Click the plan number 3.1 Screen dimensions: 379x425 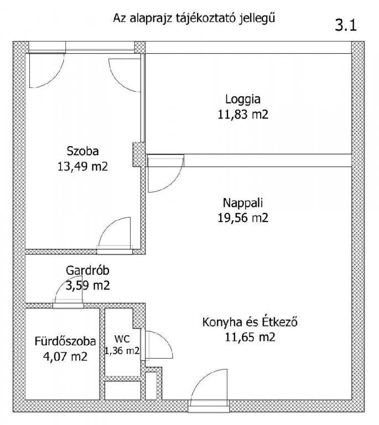pyautogui.click(x=346, y=25)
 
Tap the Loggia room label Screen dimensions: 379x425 pyautogui.click(x=243, y=99)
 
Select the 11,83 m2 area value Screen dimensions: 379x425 pyautogui.click(x=243, y=115)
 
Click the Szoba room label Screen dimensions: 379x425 pyautogui.click(x=82, y=151)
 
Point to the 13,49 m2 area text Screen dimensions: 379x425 pyautogui.click(x=82, y=166)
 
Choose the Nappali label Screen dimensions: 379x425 pyautogui.click(x=243, y=203)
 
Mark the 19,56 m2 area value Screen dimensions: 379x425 pyautogui.click(x=243, y=217)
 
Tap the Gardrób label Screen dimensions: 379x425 pyautogui.click(x=87, y=270)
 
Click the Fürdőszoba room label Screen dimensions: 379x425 pyautogui.click(x=65, y=341)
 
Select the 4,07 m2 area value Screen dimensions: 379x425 pyautogui.click(x=65, y=356)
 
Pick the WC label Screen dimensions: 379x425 pyautogui.click(x=122, y=339)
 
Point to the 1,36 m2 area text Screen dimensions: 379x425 pyautogui.click(x=122, y=351)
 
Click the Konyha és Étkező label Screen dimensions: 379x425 pyautogui.click(x=250, y=322)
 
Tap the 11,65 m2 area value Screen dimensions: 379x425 pyautogui.click(x=250, y=337)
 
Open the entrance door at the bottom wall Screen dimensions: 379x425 pyautogui.click(x=209, y=387)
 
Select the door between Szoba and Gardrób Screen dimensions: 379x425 pyautogui.click(x=115, y=235)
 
